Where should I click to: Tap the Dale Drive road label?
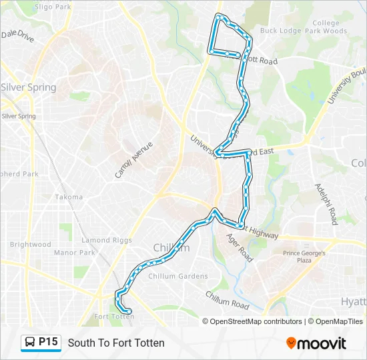tap(17, 35)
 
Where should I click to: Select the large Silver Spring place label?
tap(28, 87)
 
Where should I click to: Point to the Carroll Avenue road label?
tap(133, 160)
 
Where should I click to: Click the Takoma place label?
tap(69, 197)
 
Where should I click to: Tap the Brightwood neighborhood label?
tap(31, 245)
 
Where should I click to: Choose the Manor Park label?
tap(75, 253)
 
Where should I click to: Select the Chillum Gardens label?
tap(177, 276)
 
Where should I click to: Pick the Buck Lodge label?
tap(276, 31)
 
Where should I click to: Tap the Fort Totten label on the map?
tap(115, 317)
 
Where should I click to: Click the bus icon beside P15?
tap(31, 343)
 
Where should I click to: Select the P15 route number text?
tap(49, 342)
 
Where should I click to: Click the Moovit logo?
tap(316, 343)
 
